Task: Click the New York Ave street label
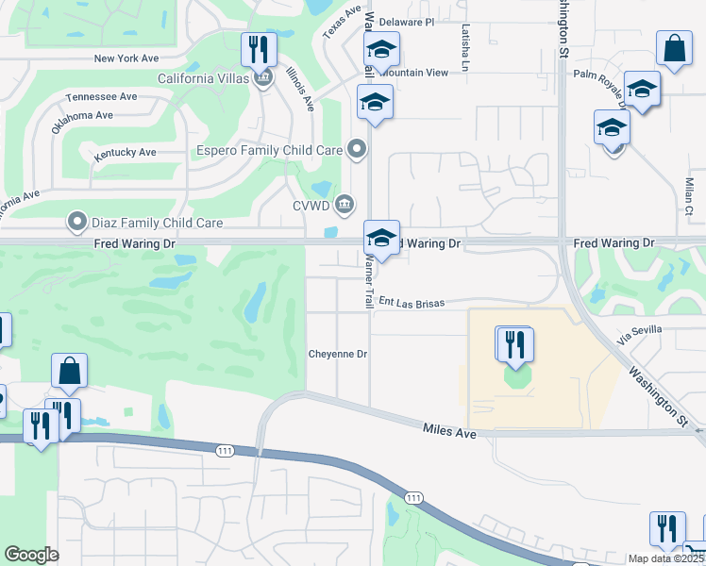(x=126, y=58)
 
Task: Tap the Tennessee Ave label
(x=102, y=97)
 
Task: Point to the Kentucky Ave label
(x=126, y=152)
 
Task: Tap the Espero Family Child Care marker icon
(x=357, y=148)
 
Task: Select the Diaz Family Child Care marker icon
(x=76, y=223)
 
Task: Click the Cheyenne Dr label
(x=337, y=354)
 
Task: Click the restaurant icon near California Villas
(x=259, y=50)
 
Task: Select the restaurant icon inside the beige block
(x=514, y=344)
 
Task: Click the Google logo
(x=31, y=555)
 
